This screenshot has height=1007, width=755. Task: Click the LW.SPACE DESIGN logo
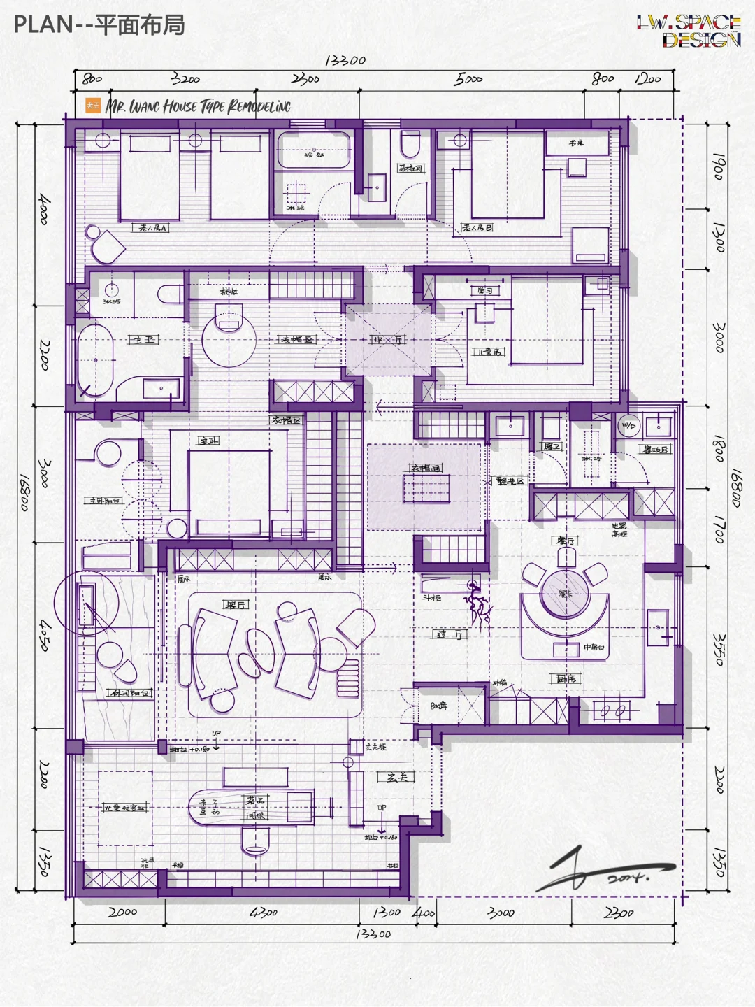point(689,31)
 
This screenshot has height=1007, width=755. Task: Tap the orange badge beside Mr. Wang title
point(93,106)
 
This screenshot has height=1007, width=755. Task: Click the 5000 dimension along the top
point(468,79)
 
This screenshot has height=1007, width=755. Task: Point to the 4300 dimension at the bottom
point(264,913)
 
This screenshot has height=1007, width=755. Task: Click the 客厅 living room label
point(236,604)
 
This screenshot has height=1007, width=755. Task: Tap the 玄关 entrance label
point(396,777)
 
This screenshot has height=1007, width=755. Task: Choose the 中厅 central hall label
point(388,340)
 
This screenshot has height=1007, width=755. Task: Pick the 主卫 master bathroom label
point(144,340)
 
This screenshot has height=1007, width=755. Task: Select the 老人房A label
point(152,228)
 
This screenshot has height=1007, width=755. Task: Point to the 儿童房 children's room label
point(489,352)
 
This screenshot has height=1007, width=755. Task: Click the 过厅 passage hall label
point(452,634)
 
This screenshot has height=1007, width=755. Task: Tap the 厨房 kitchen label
point(566,678)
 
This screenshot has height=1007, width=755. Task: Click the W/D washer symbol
point(628,425)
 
